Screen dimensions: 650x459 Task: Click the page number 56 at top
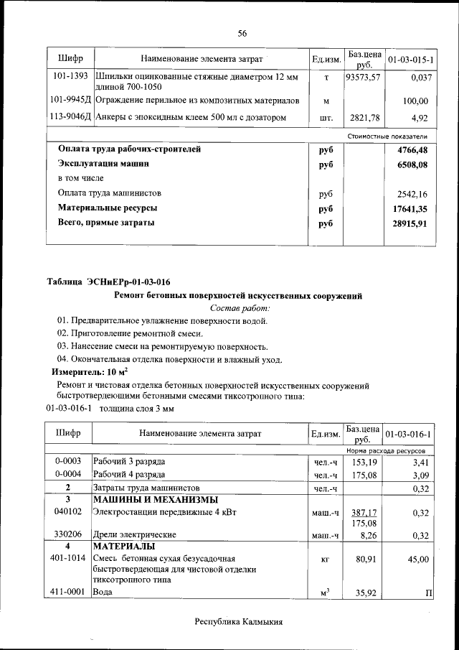242,34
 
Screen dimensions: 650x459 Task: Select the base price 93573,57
362,76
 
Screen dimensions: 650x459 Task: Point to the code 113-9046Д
70,117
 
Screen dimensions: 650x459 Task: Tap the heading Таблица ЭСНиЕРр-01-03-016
108,282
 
